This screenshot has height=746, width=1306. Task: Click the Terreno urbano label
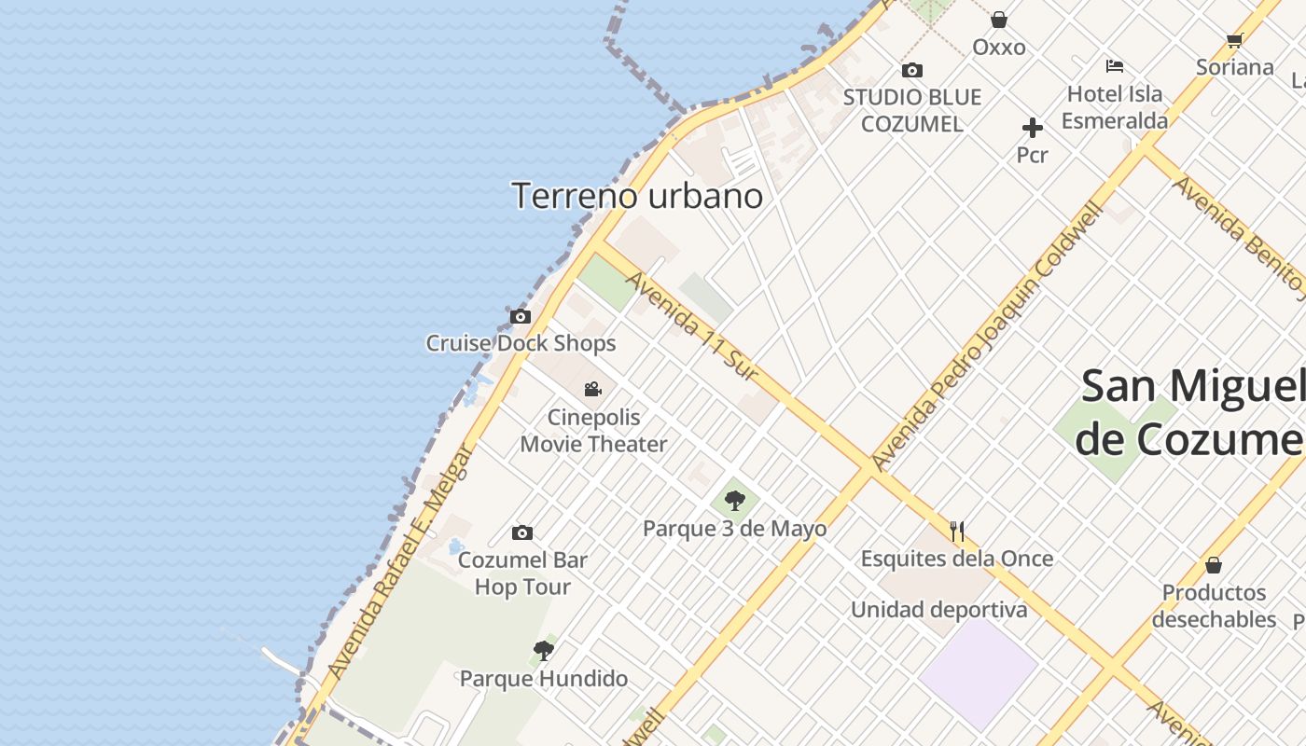coord(637,196)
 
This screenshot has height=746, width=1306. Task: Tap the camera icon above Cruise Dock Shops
coord(521,317)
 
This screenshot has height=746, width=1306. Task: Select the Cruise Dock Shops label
coord(521,343)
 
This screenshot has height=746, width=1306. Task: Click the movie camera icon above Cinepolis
coord(593,389)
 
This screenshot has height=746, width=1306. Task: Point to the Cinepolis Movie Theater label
coord(593,431)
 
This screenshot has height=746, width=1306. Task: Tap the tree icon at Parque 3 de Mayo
coord(735,501)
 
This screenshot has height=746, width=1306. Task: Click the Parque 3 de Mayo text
coord(735,529)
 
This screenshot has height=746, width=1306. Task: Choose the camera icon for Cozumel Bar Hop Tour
coord(522,533)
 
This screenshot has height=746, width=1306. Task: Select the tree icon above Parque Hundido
coord(544,651)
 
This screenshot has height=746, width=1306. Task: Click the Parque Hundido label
coord(544,678)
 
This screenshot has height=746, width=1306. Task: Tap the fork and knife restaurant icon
coord(957,532)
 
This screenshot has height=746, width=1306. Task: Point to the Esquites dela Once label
coord(957,559)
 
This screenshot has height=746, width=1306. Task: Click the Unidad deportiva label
coord(938,610)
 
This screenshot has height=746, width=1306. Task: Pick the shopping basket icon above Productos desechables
coord(1214,565)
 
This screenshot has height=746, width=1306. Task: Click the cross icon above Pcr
coord(1033,128)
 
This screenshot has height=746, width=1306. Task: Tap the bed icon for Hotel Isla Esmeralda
coord(1115,66)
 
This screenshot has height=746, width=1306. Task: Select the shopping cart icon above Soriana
coord(1235,40)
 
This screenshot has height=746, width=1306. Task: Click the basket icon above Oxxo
coord(999,20)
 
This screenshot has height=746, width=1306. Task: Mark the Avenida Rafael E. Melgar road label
coord(399,561)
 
